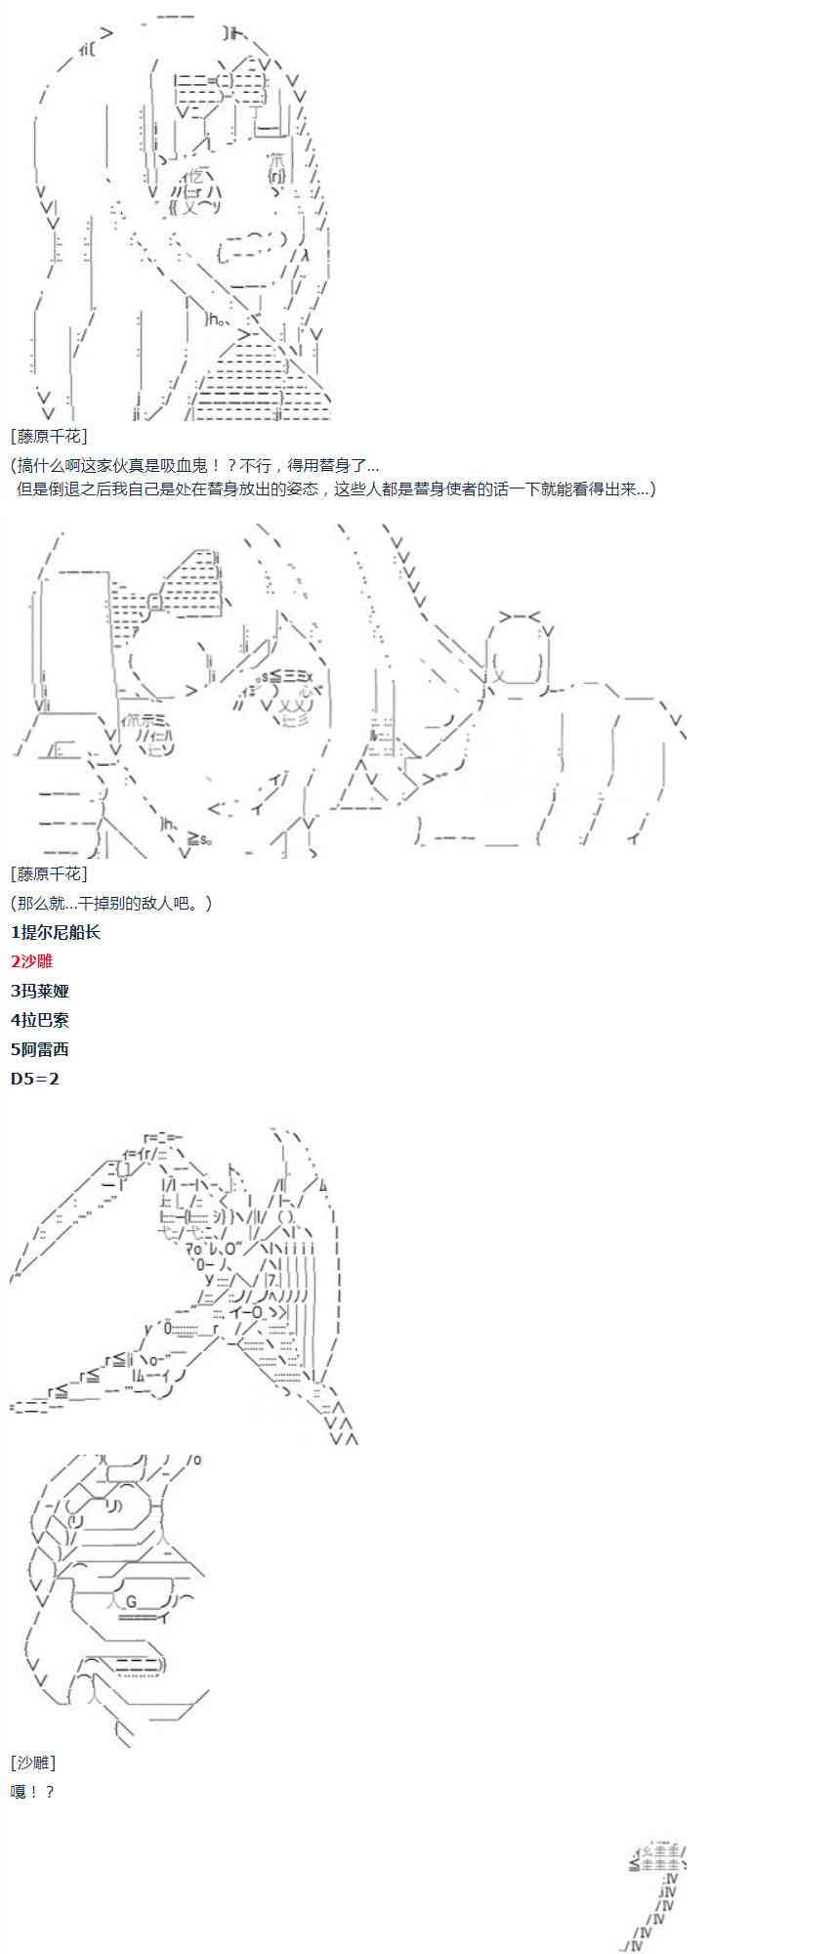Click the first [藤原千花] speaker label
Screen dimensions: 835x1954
[x=49, y=437]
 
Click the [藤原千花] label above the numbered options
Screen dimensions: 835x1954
[x=49, y=873]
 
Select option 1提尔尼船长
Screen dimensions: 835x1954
[x=56, y=932]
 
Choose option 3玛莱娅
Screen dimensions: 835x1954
[x=40, y=991]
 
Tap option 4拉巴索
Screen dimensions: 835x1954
[x=40, y=1020]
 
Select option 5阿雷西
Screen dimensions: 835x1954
[x=40, y=1049]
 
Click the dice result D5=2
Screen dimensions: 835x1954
[x=35, y=1079]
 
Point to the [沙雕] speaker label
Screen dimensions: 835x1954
[x=33, y=1763]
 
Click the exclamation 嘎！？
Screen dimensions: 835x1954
[x=32, y=1792]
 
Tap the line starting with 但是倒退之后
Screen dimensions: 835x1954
[x=336, y=488]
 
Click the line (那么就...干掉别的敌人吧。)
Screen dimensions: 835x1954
[x=111, y=903]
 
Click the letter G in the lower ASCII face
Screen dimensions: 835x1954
[x=133, y=1599]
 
